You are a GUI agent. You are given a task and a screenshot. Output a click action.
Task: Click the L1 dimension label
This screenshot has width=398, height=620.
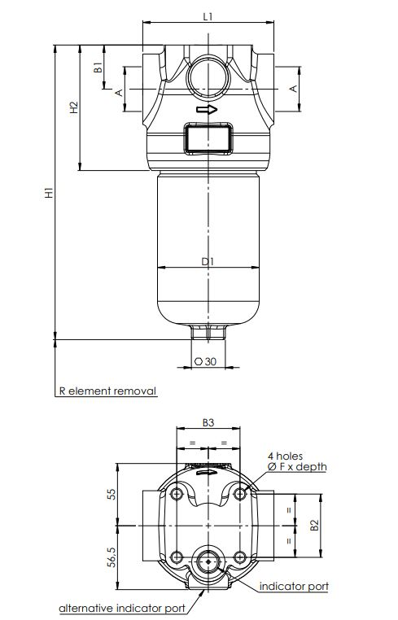click(x=208, y=16)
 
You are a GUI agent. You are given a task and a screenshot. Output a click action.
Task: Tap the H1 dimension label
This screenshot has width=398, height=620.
click(x=49, y=193)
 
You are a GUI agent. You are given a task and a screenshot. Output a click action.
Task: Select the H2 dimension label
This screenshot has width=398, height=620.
click(x=74, y=107)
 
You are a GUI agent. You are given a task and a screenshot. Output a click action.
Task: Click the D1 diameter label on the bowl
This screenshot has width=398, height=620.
click(x=208, y=261)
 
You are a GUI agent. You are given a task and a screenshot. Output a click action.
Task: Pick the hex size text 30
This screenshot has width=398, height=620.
click(x=211, y=361)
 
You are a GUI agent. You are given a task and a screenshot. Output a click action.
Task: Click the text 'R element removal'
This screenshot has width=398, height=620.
click(x=107, y=391)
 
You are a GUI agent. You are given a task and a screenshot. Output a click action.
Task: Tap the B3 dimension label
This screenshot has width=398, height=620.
click(x=208, y=423)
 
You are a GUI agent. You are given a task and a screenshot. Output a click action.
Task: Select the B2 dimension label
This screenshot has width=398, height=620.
click(x=314, y=525)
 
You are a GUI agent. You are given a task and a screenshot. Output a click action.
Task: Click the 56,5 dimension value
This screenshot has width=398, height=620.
click(x=112, y=558)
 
